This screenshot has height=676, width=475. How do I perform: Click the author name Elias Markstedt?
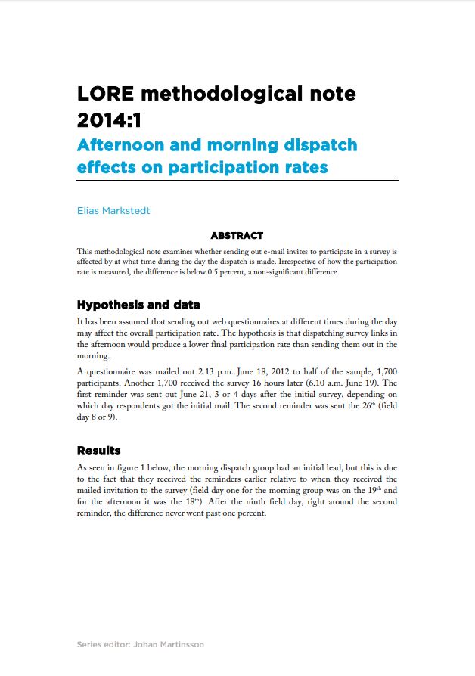pos(113,210)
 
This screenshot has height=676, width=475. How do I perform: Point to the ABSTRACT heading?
pos(237,236)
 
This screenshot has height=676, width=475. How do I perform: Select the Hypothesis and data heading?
pos(138,305)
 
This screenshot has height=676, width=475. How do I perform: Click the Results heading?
pos(99,451)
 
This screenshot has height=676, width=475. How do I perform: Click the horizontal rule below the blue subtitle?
pos(237,181)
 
